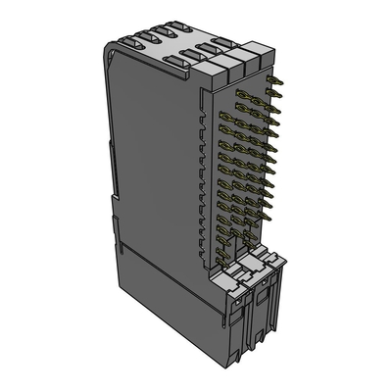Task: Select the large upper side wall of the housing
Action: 157,147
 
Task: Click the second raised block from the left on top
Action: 229,63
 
